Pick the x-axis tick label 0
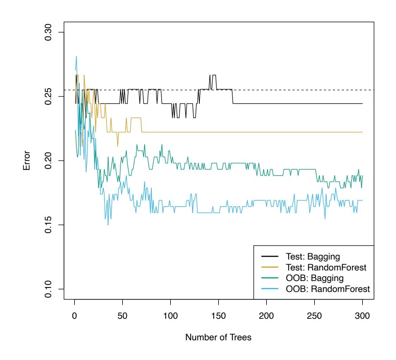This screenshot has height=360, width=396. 74,316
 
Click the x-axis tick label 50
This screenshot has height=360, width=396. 122,316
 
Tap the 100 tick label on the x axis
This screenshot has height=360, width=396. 170,316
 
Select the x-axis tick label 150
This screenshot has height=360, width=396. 218,316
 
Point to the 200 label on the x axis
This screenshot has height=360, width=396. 266,316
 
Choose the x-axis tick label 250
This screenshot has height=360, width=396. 314,316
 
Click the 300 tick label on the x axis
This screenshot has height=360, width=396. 362,316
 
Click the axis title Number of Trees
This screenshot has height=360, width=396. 218,337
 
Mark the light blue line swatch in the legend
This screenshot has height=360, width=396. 269,289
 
